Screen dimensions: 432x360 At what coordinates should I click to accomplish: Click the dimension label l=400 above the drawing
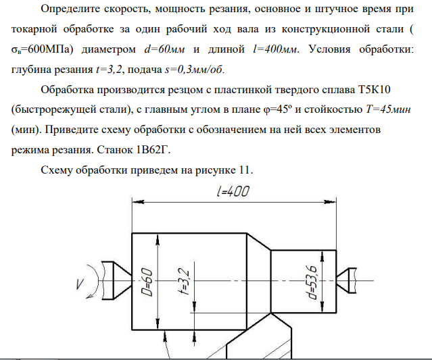click(233, 191)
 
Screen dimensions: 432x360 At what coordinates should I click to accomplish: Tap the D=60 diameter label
click(147, 282)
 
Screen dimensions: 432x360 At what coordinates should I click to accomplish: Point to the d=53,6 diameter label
click(313, 282)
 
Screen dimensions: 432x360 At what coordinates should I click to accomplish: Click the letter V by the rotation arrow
click(80, 284)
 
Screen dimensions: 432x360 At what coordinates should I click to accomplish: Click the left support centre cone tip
click(131, 280)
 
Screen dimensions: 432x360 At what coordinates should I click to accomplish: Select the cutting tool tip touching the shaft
click(271, 313)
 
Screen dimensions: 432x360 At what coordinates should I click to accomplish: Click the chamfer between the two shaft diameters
click(259, 242)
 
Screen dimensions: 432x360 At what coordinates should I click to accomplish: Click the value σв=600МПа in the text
click(42, 49)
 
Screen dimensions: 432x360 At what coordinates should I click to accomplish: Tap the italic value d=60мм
click(164, 49)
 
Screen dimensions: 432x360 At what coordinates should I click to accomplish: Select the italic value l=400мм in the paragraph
click(275, 49)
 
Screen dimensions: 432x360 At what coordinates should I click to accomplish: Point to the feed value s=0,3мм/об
click(193, 70)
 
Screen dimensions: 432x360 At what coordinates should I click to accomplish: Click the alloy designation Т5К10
click(374, 90)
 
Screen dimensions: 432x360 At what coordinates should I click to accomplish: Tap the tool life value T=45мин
click(388, 109)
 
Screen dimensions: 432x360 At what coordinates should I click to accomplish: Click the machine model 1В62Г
click(151, 150)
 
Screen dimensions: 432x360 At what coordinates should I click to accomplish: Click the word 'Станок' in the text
click(115, 150)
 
